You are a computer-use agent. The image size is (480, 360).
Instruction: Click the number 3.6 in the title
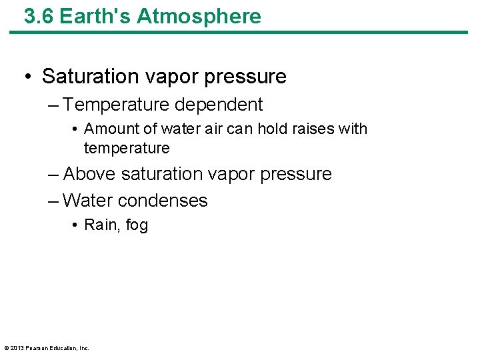tap(39, 16)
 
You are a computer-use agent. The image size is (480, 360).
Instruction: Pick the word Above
tap(89, 174)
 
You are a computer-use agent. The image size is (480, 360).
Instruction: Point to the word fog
tap(137, 225)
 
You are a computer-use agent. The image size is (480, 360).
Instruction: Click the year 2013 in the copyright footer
tap(17, 348)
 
